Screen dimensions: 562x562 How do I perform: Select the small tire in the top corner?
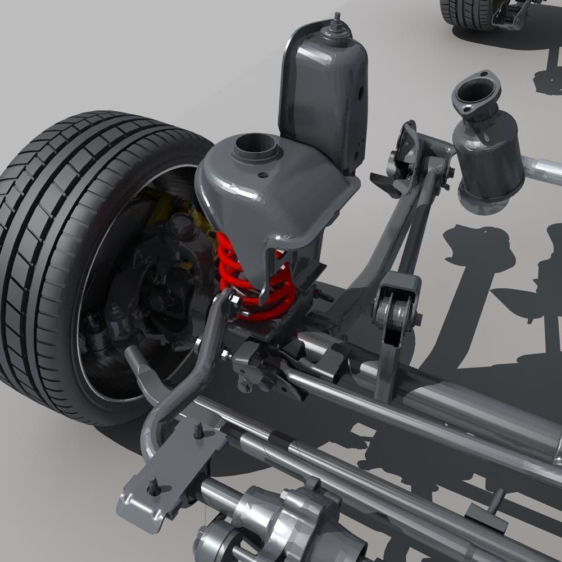click(x=461, y=11)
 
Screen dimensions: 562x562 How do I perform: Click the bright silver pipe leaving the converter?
click(x=542, y=169)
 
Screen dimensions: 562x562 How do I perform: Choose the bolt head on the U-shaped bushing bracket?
click(x=418, y=319)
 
